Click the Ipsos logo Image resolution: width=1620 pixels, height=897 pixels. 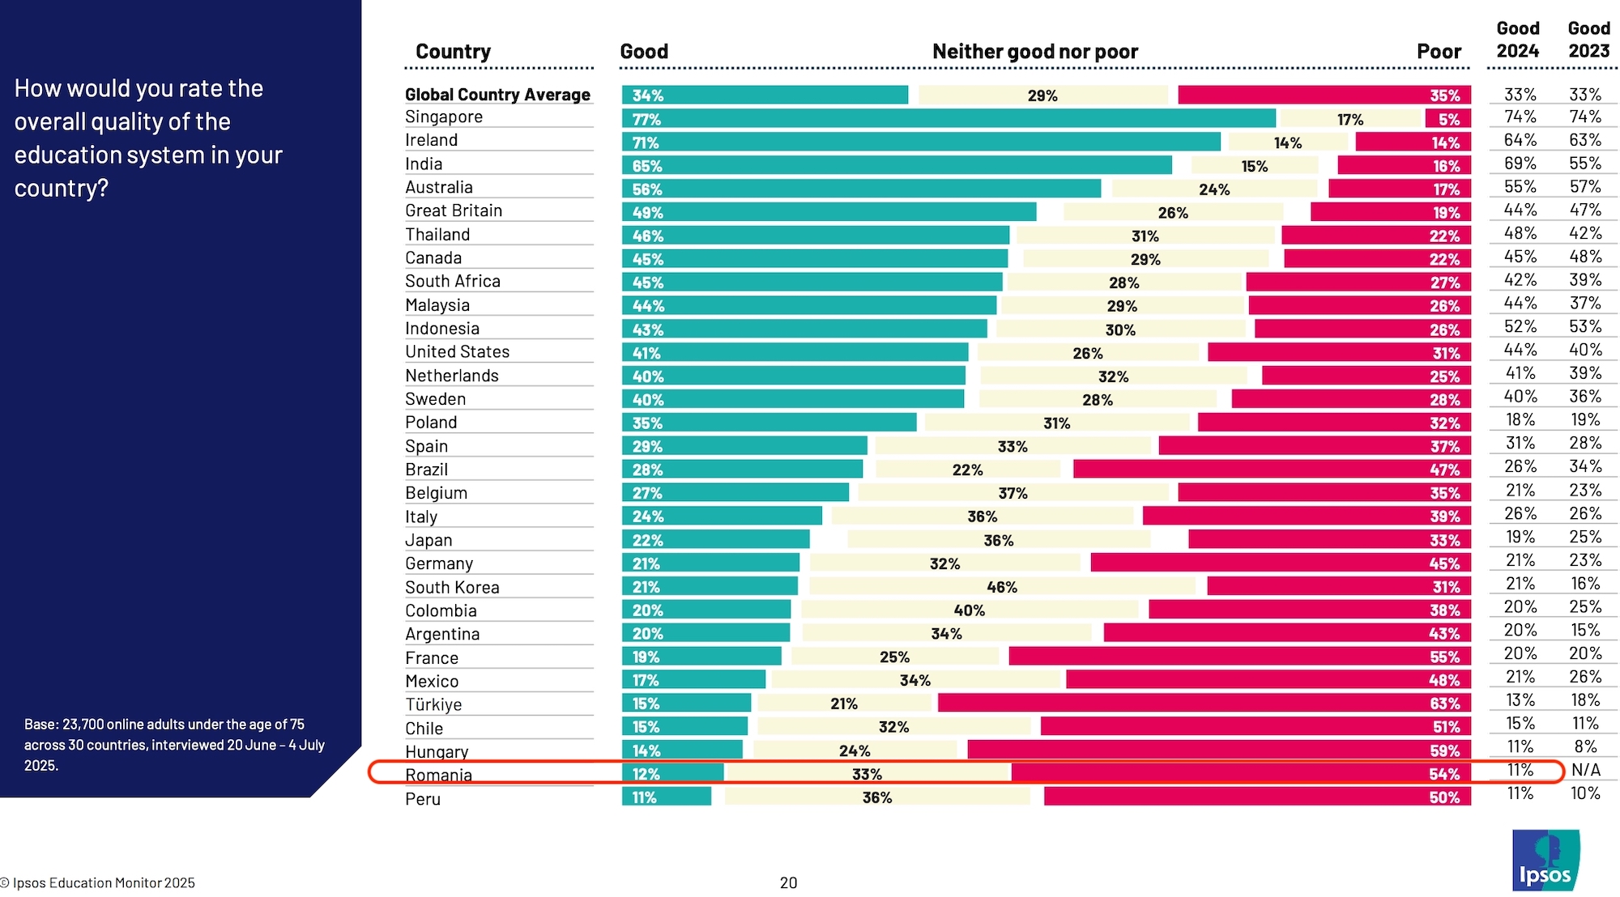coord(1545,860)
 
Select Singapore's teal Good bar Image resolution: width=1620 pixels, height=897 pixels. coord(948,119)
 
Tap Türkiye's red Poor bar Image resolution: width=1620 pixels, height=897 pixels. coord(1204,704)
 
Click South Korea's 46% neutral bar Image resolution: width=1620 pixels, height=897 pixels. coord(1002,587)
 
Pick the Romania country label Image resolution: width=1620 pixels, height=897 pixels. coord(438,775)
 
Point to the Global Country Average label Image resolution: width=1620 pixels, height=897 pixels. coord(497,95)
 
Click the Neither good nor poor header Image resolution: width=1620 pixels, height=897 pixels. coord(1034,52)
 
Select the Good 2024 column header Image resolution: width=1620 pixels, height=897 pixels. coord(1517,40)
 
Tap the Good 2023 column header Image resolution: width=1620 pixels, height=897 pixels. coord(1588,40)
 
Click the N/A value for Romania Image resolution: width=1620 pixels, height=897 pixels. coord(1586,770)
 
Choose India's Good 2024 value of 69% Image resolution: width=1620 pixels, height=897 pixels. coord(1520,164)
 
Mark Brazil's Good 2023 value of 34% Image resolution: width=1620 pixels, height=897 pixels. coord(1585,466)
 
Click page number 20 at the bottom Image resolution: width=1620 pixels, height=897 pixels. coord(788,882)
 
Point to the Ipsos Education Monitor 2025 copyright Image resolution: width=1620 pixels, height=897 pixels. coord(98,882)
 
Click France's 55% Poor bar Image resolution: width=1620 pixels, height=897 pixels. coord(1239,657)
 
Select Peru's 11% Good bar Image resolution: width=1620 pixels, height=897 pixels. coord(666,797)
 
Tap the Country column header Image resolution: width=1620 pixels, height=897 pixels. coord(453,52)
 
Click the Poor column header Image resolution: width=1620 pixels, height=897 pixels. coord(1439,52)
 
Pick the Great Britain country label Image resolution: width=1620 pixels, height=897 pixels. coord(454,210)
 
